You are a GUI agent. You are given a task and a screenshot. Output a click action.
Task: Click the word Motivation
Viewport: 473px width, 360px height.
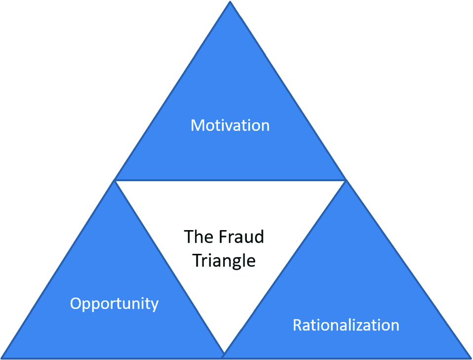click(230, 125)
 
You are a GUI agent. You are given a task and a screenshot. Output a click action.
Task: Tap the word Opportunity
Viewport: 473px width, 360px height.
click(114, 303)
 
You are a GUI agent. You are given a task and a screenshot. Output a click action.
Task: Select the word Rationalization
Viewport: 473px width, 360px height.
click(346, 325)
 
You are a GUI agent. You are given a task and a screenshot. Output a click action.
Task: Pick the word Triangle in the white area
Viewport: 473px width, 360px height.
click(224, 260)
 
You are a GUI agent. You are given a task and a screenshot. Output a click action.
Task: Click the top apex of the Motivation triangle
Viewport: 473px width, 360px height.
click(230, 2)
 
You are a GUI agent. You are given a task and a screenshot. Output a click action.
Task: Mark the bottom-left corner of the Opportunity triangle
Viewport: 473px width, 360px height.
click(2, 357)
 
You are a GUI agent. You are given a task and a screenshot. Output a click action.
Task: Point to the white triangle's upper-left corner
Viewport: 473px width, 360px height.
click(117, 181)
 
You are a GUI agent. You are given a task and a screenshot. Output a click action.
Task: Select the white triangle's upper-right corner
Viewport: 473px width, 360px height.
click(344, 181)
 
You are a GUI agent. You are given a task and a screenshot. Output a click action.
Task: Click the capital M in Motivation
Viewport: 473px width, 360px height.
click(197, 125)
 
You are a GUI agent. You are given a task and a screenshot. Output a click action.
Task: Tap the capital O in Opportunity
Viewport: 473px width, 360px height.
click(76, 303)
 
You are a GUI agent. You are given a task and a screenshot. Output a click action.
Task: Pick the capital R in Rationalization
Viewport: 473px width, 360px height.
click(297, 325)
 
